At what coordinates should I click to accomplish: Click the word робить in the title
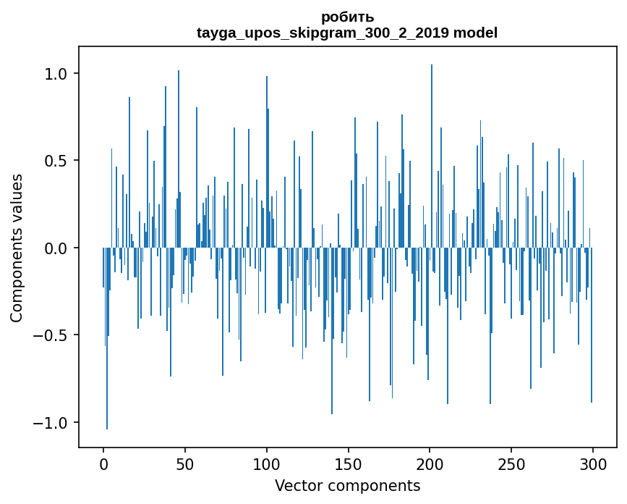[x=347, y=17]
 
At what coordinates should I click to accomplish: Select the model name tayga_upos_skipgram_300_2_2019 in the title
[x=323, y=33]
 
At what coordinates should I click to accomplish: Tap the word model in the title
[x=475, y=33]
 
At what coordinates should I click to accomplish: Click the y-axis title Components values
[x=17, y=248]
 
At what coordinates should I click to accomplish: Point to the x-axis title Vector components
[x=347, y=485]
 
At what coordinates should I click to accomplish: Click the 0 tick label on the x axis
[x=103, y=463]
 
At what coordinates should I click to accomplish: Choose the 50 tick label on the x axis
[x=185, y=463]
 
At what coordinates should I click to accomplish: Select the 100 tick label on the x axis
[x=267, y=463]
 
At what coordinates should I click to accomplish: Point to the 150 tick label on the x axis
[x=348, y=463]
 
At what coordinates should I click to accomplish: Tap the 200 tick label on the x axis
[x=430, y=463]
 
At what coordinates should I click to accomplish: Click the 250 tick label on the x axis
[x=511, y=463]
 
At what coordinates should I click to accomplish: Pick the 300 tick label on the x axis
[x=593, y=463]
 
